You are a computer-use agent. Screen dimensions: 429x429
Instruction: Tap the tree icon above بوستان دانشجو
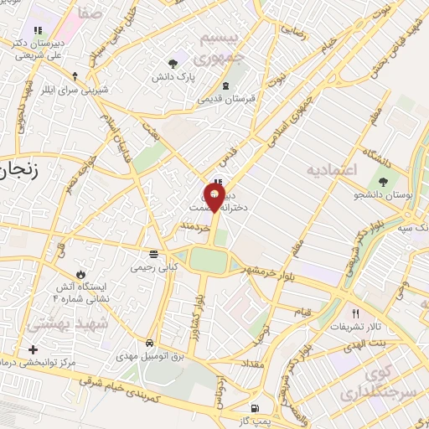click(384, 180)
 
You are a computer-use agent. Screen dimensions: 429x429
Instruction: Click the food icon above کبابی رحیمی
click(152, 253)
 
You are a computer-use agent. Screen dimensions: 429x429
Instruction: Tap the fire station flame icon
click(80, 274)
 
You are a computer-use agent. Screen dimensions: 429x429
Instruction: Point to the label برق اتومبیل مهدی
click(147, 356)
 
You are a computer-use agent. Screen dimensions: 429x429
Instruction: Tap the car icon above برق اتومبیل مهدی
click(148, 343)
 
